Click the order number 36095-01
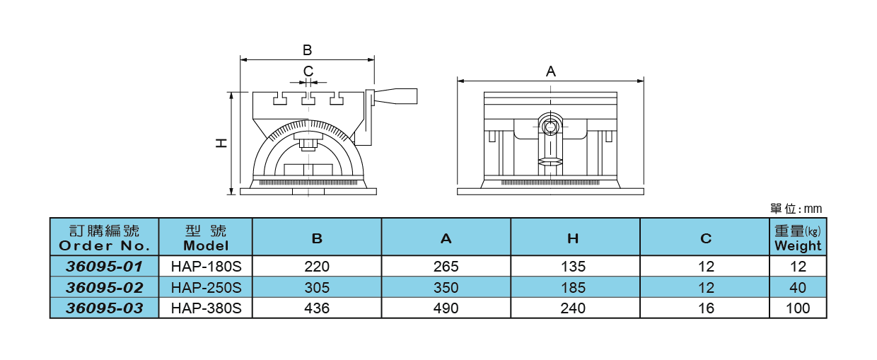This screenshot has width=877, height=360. (x=104, y=267)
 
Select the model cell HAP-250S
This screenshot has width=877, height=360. (x=207, y=288)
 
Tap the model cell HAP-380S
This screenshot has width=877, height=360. (x=207, y=308)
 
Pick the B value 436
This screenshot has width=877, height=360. (x=317, y=308)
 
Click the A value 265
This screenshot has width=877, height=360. (x=446, y=267)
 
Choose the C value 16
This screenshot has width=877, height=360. (x=705, y=308)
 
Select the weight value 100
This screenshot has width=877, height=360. (x=798, y=308)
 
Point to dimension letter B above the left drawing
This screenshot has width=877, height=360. (x=307, y=50)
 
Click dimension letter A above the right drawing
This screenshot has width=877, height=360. (x=551, y=71)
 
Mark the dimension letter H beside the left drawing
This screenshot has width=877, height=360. (x=221, y=144)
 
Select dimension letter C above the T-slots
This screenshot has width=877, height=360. (x=308, y=71)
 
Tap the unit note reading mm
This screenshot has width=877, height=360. (x=796, y=209)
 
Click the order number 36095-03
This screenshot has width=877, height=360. (x=104, y=308)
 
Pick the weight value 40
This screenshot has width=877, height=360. (x=798, y=288)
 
